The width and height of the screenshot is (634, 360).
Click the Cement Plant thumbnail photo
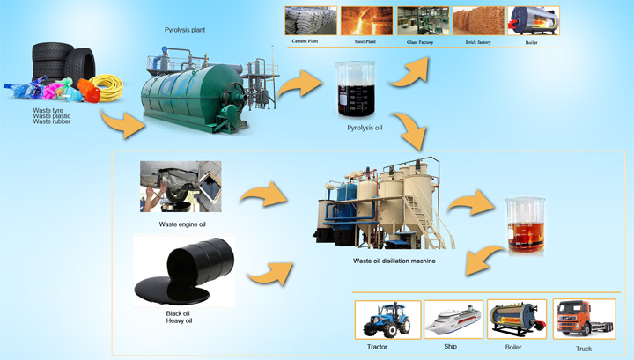(x=310, y=20)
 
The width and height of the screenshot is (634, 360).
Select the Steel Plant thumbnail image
(x=365, y=20)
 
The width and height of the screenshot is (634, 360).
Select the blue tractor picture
(x=387, y=319)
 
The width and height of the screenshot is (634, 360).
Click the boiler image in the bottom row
(x=518, y=319)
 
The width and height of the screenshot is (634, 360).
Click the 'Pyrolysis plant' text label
(x=185, y=30)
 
